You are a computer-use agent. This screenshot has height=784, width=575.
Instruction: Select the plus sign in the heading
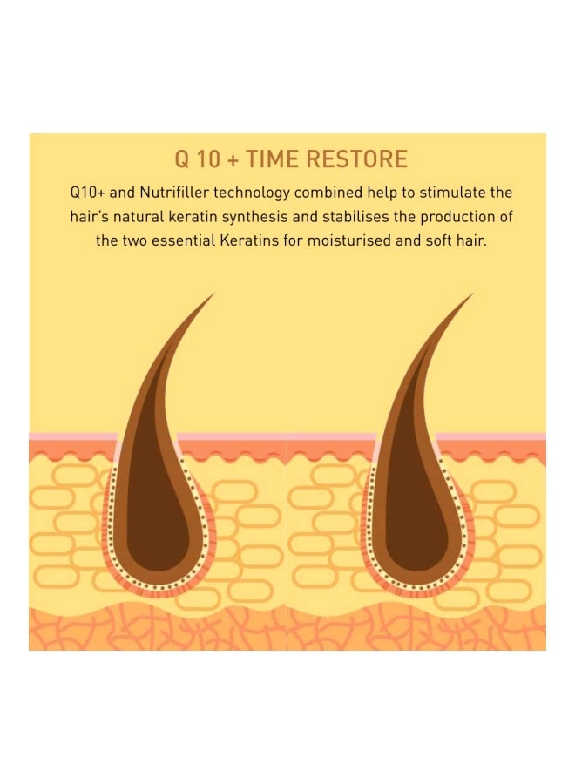pyautogui.click(x=230, y=160)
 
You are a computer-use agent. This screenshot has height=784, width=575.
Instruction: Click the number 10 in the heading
pyautogui.click(x=205, y=159)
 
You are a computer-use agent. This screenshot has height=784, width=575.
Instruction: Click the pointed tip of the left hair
pyautogui.click(x=213, y=295)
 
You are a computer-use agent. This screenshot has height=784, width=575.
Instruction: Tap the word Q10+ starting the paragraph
pyautogui.click(x=86, y=192)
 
